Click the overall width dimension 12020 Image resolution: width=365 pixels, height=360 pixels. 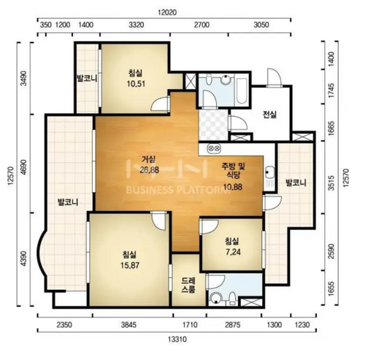click(x=167, y=12)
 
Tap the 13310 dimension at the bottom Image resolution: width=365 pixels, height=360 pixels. click(x=177, y=339)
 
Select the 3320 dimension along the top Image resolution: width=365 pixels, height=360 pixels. click(x=137, y=25)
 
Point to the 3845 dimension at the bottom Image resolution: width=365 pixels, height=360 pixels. click(x=128, y=325)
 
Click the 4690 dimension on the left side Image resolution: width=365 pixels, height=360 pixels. click(x=23, y=167)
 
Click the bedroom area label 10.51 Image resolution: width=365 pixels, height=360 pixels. click(x=136, y=84)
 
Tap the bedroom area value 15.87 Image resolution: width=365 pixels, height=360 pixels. click(x=130, y=265)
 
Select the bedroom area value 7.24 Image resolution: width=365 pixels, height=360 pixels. click(x=233, y=252)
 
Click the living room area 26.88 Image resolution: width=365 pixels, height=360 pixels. click(x=149, y=169)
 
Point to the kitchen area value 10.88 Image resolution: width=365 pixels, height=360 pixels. click(x=233, y=187)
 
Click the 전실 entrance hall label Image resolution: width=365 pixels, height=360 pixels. click(x=269, y=114)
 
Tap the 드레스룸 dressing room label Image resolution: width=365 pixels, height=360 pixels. click(x=188, y=286)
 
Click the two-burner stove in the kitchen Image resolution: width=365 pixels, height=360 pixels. click(x=214, y=148)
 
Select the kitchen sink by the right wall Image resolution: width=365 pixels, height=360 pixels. click(x=270, y=172)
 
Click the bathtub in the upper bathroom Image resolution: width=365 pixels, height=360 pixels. click(x=242, y=91)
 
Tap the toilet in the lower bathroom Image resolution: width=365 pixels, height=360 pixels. click(x=232, y=299)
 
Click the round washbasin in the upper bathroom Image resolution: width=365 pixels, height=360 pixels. click(x=226, y=80)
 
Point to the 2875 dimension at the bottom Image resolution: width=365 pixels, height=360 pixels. click(x=233, y=325)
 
